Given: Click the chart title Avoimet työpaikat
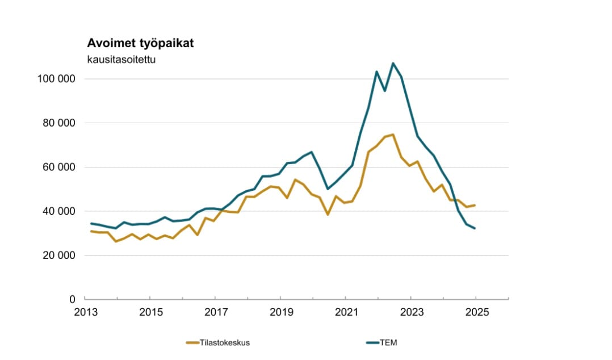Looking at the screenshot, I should pyautogui.click(x=140, y=44).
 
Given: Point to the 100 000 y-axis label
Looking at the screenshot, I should pyautogui.click(x=57, y=79).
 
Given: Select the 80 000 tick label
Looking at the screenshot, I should pyautogui.click(x=59, y=123).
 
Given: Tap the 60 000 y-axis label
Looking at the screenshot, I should pyautogui.click(x=59, y=168).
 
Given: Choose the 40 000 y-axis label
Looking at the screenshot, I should pyautogui.click(x=59, y=211).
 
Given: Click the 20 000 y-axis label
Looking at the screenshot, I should pyautogui.click(x=59, y=256).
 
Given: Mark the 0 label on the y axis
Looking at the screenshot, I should pyautogui.click(x=73, y=299).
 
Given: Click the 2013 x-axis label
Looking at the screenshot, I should pyautogui.click(x=84, y=312).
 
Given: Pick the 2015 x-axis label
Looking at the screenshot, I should pyautogui.click(x=149, y=312).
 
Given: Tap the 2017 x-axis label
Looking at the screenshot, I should pyautogui.click(x=215, y=312).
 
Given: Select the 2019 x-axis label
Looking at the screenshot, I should pyautogui.click(x=280, y=312).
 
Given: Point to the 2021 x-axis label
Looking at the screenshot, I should pyautogui.click(x=345, y=312).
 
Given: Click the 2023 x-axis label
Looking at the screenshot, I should pyautogui.click(x=411, y=312).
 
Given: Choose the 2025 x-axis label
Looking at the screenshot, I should pyautogui.click(x=476, y=312).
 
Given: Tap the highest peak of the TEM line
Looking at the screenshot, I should pyautogui.click(x=393, y=63).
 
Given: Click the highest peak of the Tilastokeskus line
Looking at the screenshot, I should pyautogui.click(x=393, y=135).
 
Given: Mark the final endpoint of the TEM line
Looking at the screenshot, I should pyautogui.click(x=475, y=228).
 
